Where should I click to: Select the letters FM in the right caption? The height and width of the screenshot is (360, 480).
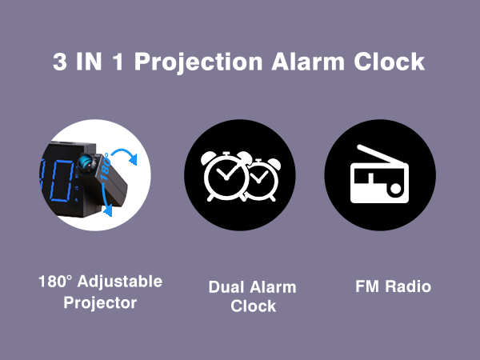pos(366,286)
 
